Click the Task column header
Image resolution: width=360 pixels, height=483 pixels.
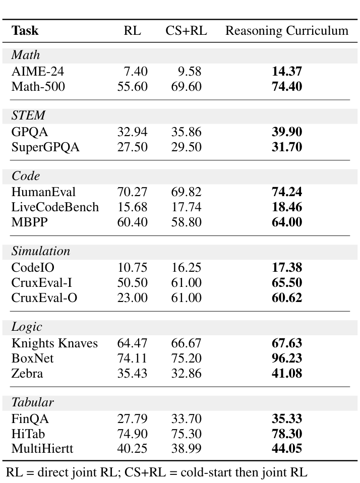pyautogui.click(x=25, y=31)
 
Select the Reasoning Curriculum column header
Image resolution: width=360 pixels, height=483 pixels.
pyautogui.click(x=286, y=31)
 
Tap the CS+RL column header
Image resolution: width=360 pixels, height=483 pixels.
pyautogui.click(x=186, y=31)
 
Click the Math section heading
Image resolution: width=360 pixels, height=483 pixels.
pyautogui.click(x=26, y=55)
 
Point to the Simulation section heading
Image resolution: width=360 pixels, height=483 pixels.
pyautogui.click(x=41, y=251)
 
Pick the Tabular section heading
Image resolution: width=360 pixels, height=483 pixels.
pyautogui.click(x=33, y=402)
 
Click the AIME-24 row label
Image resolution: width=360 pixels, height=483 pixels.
pyautogui.click(x=38, y=72)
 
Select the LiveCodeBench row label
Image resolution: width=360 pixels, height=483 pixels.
pyautogui.click(x=55, y=207)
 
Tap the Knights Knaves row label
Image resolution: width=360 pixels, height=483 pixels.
pyautogui.click(x=54, y=343)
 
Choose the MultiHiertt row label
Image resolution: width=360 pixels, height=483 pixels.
pyautogui.click(x=42, y=448)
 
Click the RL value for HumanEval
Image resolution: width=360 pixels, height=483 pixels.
pyautogui.click(x=133, y=192)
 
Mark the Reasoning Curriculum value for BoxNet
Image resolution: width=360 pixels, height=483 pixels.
pyautogui.click(x=287, y=358)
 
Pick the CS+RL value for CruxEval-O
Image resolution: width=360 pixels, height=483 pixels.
pyautogui.click(x=186, y=297)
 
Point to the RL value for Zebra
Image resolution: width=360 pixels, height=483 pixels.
pyautogui.click(x=133, y=374)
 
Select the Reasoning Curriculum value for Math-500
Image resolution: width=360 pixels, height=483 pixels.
pyautogui.click(x=287, y=86)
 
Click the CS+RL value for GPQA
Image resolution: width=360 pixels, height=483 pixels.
pyautogui.click(x=186, y=132)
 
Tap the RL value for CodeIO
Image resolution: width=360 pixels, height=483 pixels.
pyautogui.click(x=133, y=267)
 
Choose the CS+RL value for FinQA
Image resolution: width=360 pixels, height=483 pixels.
pyautogui.click(x=186, y=418)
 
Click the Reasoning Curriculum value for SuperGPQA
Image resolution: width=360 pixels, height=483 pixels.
pyautogui.click(x=287, y=147)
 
